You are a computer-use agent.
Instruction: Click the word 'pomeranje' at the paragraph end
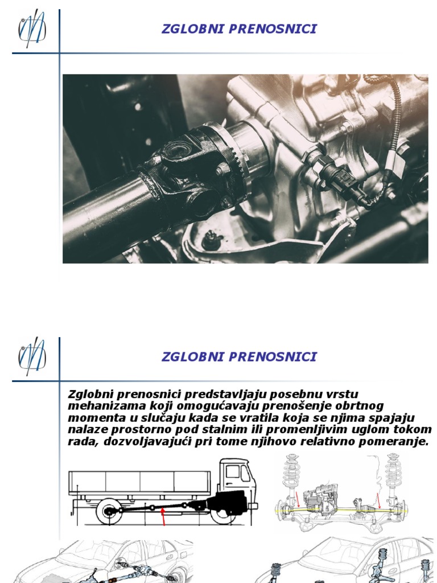398,441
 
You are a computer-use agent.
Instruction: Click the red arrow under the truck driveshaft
164,516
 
